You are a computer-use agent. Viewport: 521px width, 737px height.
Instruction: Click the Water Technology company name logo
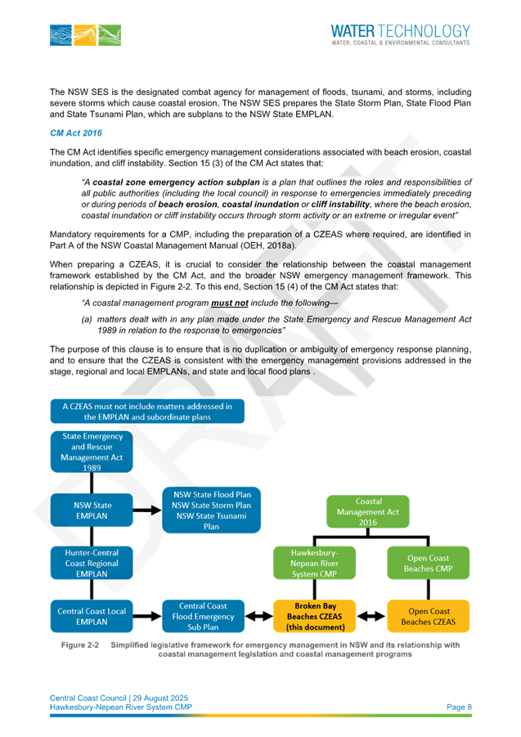tap(400, 34)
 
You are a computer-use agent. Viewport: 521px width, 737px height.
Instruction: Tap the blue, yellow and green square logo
tap(86, 35)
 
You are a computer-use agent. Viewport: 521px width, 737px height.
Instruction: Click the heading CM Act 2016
tap(76, 133)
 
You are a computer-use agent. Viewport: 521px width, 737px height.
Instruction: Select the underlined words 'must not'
tap(230, 303)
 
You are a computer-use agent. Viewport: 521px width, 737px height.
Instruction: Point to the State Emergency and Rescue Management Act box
tap(92, 452)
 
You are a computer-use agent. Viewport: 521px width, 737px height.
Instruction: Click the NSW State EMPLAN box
tap(92, 510)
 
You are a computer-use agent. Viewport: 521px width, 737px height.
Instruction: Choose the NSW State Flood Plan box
tap(211, 510)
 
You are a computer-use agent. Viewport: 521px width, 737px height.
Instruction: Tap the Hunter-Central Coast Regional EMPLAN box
tap(92, 563)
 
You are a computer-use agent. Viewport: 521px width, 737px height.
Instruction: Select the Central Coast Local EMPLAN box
tap(92, 616)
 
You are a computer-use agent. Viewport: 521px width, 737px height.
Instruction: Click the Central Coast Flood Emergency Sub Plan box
tap(203, 616)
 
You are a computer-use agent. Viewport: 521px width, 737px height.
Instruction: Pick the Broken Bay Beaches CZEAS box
tap(315, 616)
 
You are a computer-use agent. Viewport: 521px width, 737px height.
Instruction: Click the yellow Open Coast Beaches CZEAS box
tap(428, 616)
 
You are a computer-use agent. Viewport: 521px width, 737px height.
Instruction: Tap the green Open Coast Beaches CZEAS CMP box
tap(428, 563)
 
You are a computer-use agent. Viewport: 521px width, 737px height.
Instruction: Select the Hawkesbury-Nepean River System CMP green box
tap(315, 563)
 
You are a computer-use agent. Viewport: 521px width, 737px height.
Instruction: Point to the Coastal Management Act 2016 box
tap(368, 512)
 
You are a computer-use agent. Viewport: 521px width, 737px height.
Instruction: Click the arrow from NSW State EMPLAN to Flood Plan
tap(147, 510)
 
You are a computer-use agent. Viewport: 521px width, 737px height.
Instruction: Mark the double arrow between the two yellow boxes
tap(371, 616)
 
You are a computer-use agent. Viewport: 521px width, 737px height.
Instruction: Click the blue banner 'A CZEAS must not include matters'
tap(147, 411)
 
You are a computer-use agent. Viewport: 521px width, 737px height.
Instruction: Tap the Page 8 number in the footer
tap(459, 707)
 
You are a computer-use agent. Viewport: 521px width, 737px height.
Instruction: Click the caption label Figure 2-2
tap(80, 645)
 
